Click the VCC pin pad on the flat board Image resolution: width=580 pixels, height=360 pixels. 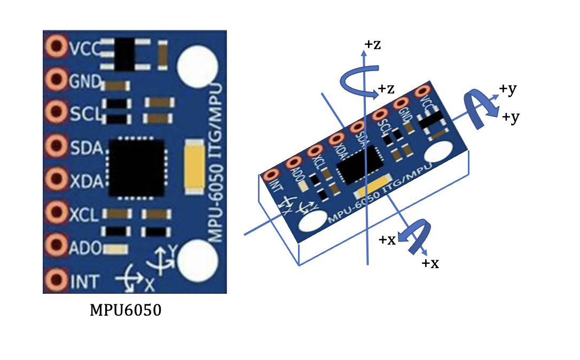[56, 48]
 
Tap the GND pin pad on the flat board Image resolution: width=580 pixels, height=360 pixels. [56, 80]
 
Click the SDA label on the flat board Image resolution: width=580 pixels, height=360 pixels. [85, 148]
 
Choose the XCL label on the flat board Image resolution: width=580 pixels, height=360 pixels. [84, 215]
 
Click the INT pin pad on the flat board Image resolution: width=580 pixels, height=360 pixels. [56, 279]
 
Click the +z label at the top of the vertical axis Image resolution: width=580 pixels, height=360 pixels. [372, 45]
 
